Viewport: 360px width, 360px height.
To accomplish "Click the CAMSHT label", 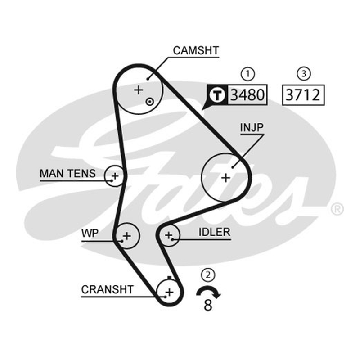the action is (x=196, y=50).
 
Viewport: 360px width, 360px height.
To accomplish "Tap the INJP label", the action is (x=252, y=127).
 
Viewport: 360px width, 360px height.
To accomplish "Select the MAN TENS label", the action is (x=68, y=174).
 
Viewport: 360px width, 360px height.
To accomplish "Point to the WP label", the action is (x=90, y=234).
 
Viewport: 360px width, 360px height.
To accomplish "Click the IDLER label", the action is (x=214, y=232).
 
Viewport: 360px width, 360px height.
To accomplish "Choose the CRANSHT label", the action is (x=107, y=289).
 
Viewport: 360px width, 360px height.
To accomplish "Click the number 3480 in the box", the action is (x=247, y=95).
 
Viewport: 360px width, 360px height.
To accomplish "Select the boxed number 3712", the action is (x=303, y=95).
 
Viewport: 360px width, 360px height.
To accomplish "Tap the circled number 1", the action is (x=248, y=74).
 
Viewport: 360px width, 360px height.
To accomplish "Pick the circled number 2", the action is (x=208, y=274).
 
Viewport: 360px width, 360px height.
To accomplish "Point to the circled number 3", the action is (x=304, y=74).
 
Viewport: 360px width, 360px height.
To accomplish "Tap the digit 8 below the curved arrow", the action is (x=208, y=305).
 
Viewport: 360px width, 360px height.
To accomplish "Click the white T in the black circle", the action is (x=217, y=95).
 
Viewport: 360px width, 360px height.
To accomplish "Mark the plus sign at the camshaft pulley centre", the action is (x=139, y=90).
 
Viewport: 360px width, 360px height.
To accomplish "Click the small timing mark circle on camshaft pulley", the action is (x=150, y=102).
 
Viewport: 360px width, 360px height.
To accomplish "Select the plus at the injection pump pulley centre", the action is (x=226, y=178).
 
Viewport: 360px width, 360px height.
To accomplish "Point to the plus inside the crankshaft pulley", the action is (x=170, y=292).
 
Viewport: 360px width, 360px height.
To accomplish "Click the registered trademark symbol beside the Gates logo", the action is (x=337, y=209).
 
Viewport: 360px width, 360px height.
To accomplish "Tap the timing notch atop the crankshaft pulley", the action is (x=170, y=278).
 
